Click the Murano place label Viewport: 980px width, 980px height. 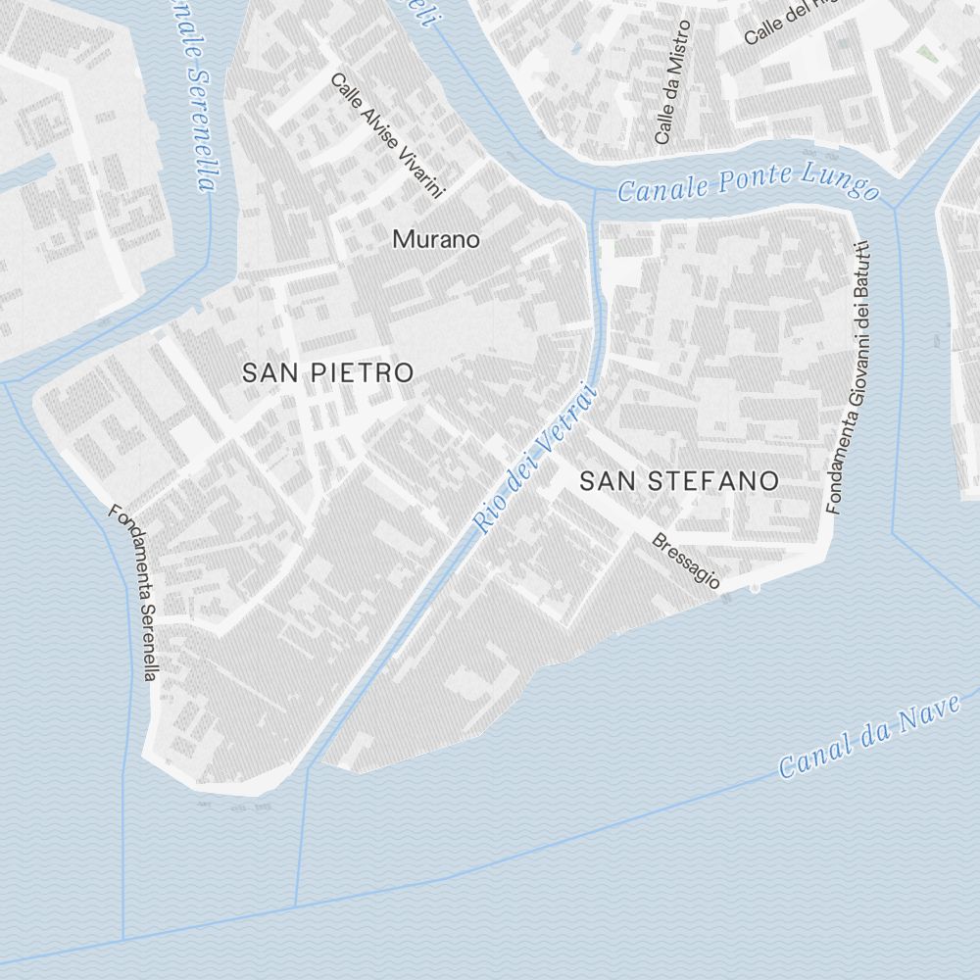(436, 238)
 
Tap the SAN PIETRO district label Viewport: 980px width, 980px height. (327, 372)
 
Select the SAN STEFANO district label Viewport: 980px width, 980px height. (679, 480)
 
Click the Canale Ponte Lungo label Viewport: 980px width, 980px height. (748, 183)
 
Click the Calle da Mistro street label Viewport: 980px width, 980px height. (673, 82)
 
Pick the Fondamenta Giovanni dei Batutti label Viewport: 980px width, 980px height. (849, 377)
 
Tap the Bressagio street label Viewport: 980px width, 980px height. (687, 561)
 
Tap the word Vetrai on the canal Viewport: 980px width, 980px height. (563, 419)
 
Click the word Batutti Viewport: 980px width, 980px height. (862, 271)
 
